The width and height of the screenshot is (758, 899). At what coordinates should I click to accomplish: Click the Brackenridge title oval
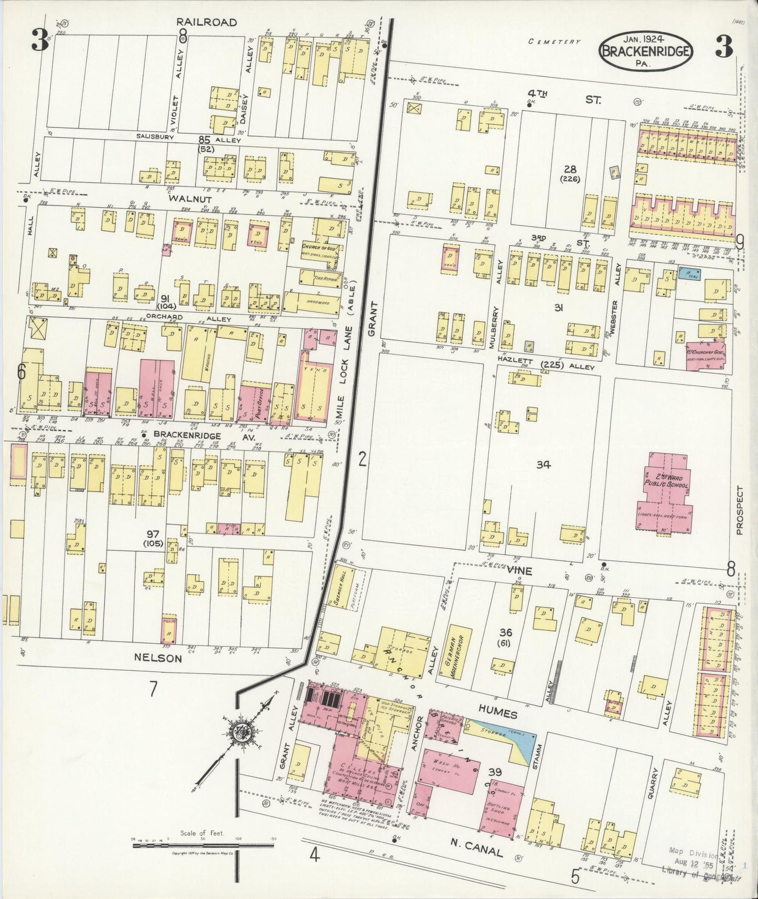[646, 51]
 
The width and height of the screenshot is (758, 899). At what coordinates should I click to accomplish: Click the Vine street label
[519, 571]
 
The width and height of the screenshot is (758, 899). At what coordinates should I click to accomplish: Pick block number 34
[543, 464]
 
